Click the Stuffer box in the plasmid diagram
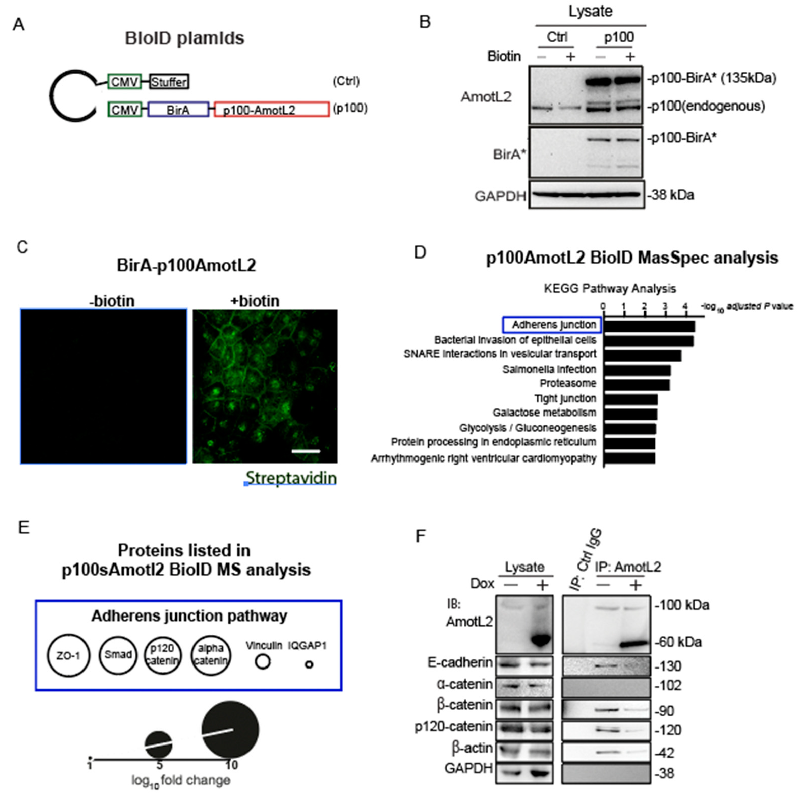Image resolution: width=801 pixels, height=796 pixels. click(169, 82)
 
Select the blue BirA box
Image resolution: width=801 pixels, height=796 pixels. click(178, 110)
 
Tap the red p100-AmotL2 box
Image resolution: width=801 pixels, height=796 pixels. click(271, 110)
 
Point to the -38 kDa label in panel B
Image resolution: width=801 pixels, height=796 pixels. click(671, 195)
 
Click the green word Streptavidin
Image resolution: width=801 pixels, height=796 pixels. click(291, 478)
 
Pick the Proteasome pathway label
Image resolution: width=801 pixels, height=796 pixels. click(568, 383)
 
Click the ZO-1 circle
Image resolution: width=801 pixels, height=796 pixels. click(68, 655)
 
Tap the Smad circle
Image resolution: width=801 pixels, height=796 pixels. click(118, 655)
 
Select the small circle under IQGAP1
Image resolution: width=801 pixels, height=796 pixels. click(309, 664)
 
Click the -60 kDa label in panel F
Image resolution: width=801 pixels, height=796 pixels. click(678, 642)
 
